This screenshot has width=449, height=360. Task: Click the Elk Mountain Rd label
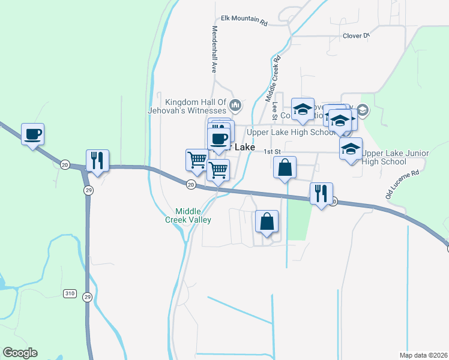coord(244,20)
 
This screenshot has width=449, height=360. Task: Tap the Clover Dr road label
coord(356,36)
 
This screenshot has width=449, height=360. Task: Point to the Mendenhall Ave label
coord(213,50)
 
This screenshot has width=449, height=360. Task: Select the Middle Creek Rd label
coord(273,79)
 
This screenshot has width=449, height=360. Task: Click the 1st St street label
coord(274,152)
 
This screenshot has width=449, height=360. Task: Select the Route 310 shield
coord(70,293)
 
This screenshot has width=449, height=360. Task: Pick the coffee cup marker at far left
coord(32,134)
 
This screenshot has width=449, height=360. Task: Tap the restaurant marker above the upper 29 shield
coord(97,160)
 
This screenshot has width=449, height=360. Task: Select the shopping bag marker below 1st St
coord(285,168)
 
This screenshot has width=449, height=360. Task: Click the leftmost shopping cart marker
coord(196,160)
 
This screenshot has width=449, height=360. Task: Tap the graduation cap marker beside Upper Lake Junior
coord(351,149)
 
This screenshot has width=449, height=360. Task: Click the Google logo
coord(20,353)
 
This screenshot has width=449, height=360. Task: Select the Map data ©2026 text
coord(423,355)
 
